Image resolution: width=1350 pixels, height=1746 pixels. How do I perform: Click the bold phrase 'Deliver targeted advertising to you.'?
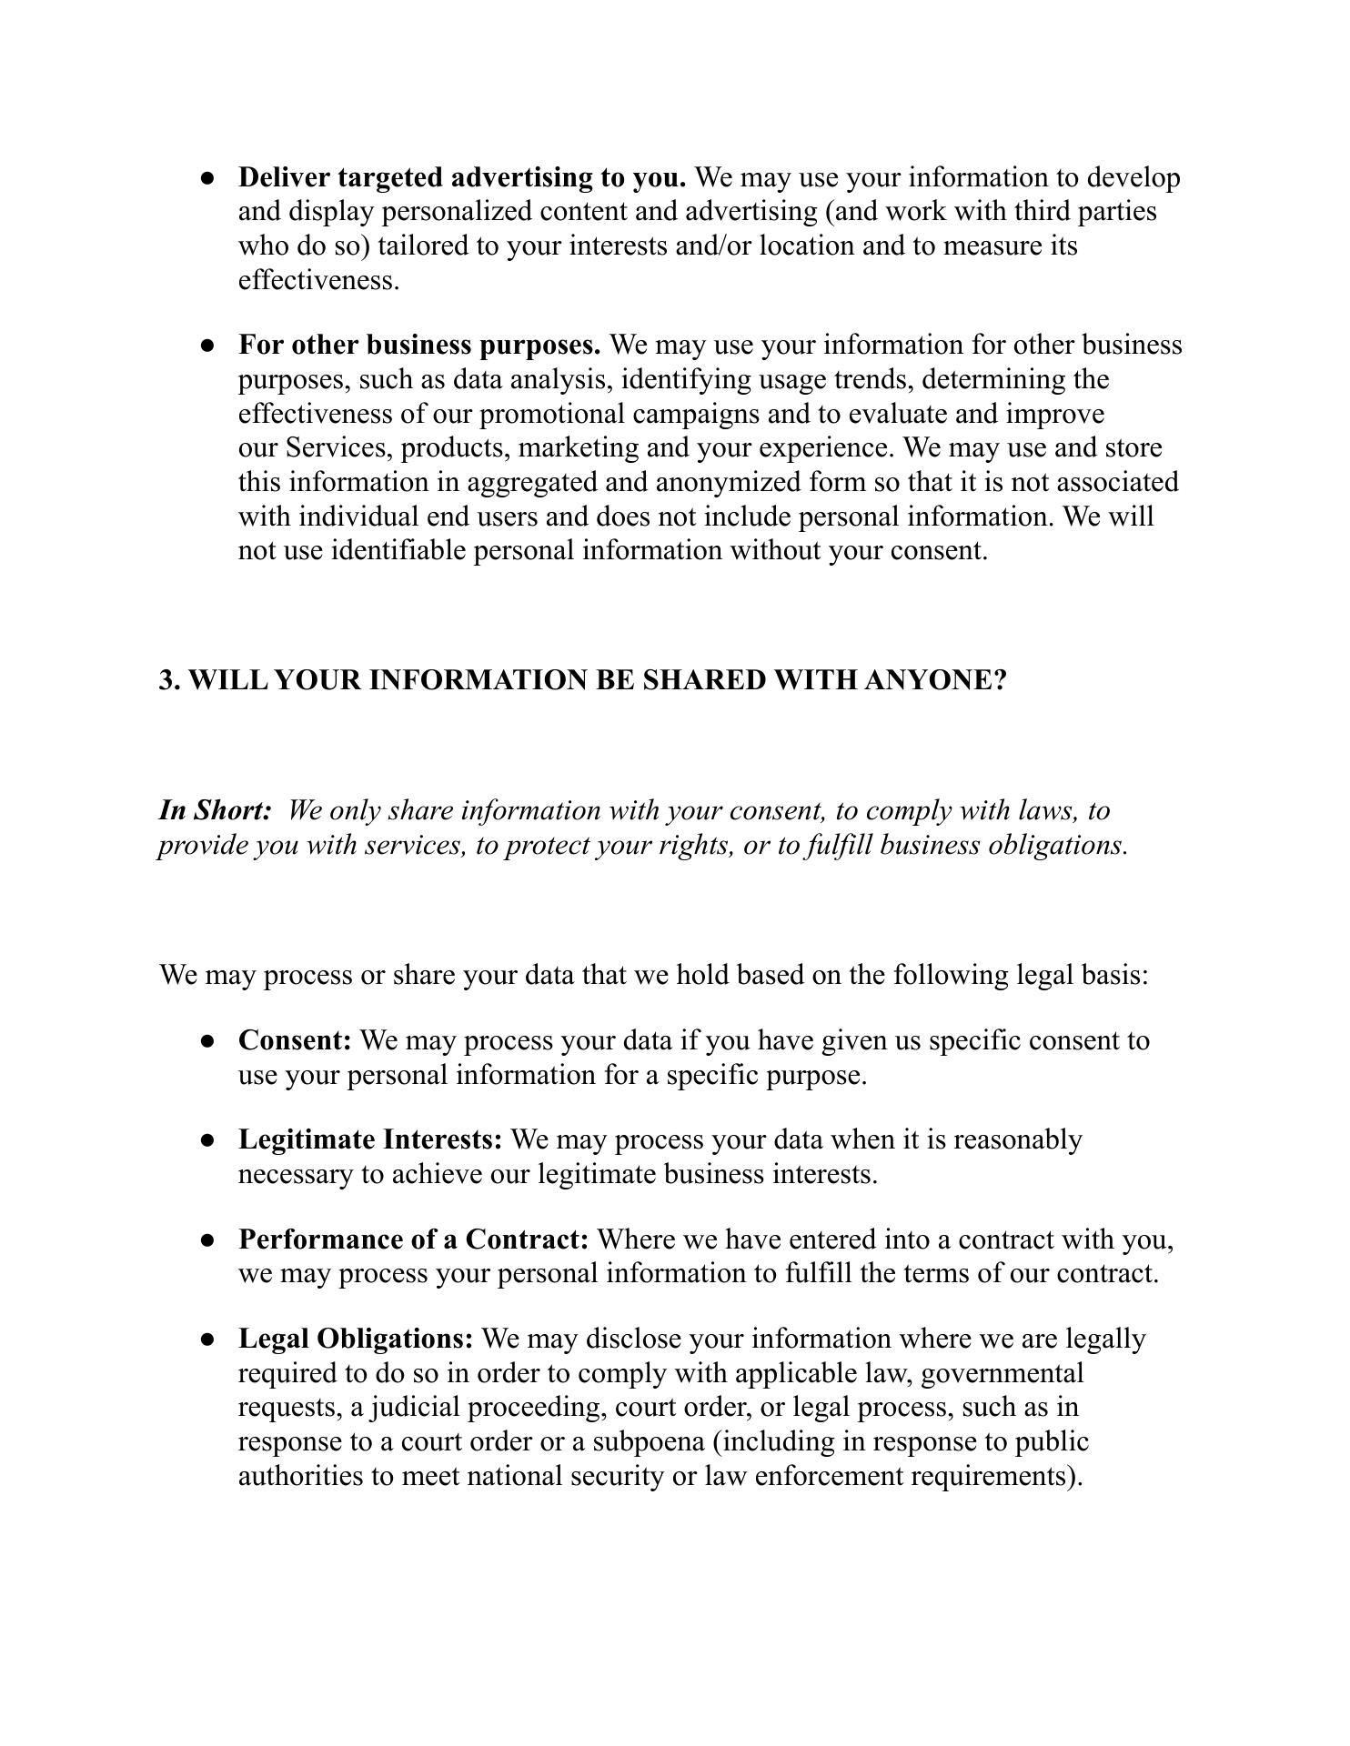tap(461, 177)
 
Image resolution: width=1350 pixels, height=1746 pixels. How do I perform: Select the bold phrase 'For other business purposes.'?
tap(418, 346)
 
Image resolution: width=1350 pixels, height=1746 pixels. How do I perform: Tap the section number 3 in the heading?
tap(166, 680)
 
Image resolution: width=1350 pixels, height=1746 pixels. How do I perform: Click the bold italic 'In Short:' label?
tap(215, 810)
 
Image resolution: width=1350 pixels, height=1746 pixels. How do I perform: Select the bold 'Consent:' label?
tap(295, 1040)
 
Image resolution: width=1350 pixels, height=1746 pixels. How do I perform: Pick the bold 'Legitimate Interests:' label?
tap(370, 1140)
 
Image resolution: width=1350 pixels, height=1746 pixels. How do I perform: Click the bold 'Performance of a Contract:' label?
tap(413, 1240)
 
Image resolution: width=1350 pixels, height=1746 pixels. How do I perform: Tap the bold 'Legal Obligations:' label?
tap(356, 1340)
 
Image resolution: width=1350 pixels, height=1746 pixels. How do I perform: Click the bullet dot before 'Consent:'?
tap(208, 1041)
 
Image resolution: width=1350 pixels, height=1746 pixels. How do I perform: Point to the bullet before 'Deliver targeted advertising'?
tap(208, 178)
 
